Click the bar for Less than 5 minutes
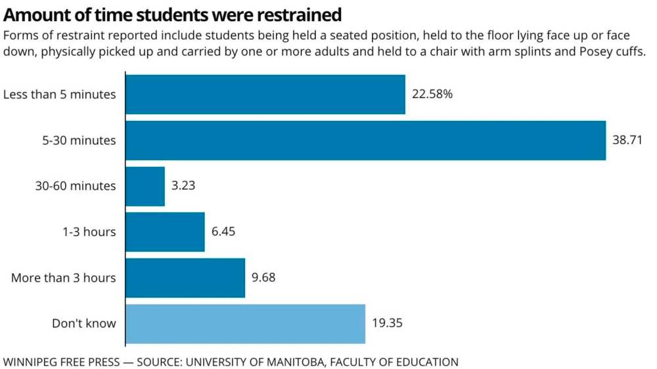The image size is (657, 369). [265, 94]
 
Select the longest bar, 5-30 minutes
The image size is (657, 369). [365, 140]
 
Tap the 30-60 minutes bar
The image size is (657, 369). [145, 186]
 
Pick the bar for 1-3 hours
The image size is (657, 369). [165, 232]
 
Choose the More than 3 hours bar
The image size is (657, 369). [185, 278]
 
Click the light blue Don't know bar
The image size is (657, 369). [245, 324]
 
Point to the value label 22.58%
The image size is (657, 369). [432, 94]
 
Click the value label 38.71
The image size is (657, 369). [627, 140]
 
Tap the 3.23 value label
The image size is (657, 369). [183, 186]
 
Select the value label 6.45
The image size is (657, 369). [223, 232]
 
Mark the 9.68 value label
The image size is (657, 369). [263, 278]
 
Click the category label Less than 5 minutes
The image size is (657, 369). [60, 94]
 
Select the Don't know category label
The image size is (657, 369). [84, 324]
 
